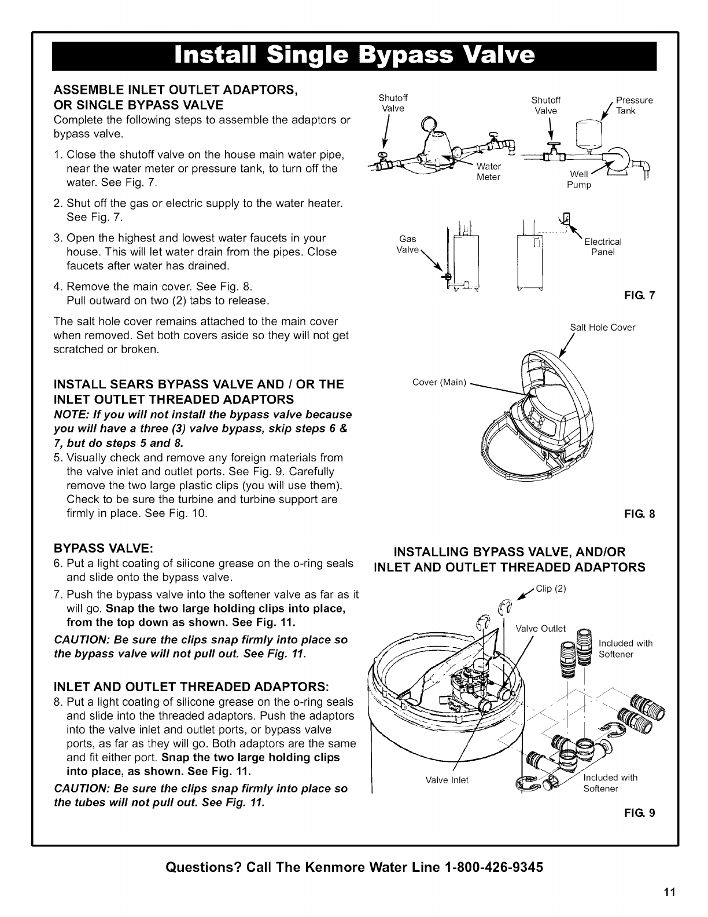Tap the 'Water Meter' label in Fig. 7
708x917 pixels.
488,172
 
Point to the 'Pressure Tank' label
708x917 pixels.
634,105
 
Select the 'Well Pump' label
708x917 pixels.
580,179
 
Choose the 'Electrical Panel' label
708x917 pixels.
603,247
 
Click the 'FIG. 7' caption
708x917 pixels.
643,296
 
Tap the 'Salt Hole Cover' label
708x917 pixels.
602,328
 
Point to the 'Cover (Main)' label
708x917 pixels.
439,382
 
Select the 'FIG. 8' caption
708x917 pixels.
643,513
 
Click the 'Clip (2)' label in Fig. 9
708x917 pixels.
550,589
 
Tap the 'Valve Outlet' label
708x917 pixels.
540,629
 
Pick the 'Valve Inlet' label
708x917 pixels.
447,780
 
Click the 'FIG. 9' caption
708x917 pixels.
643,813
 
